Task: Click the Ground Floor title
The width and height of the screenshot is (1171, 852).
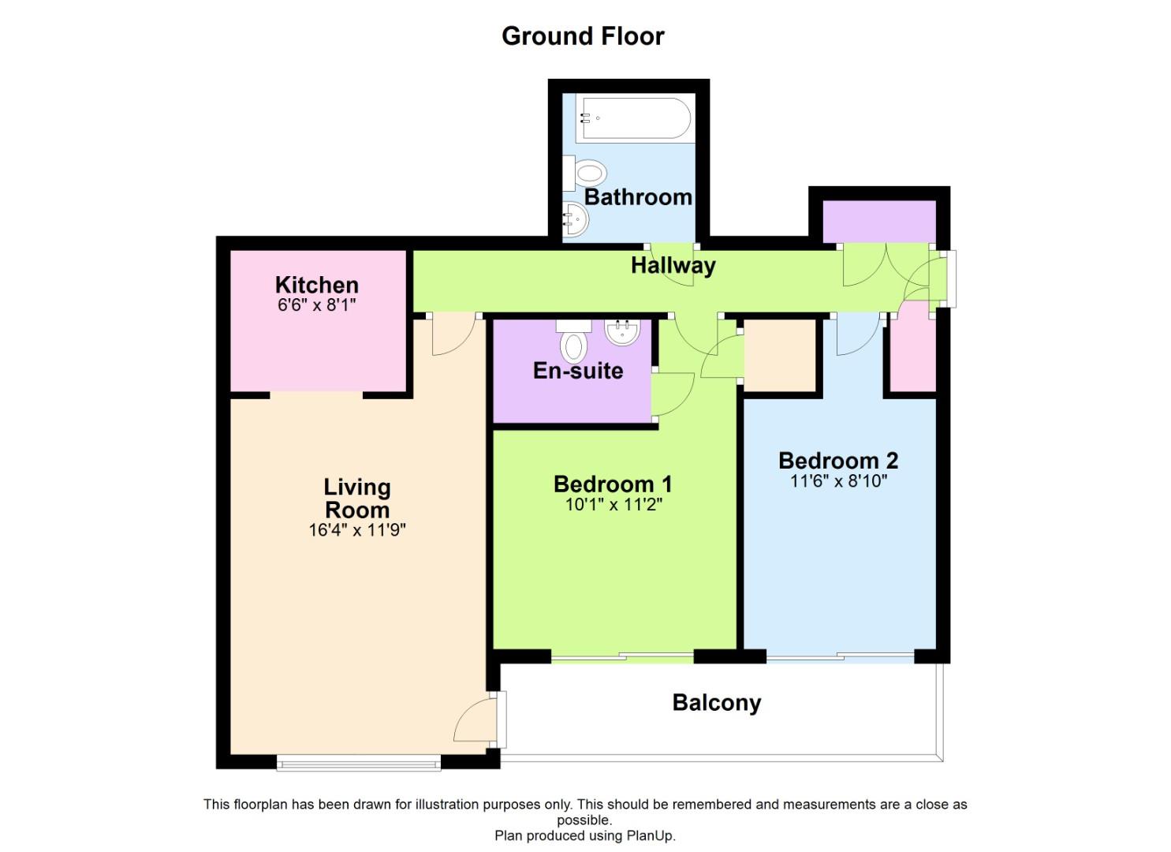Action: [x=583, y=36]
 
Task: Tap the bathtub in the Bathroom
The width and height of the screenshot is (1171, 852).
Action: [x=633, y=118]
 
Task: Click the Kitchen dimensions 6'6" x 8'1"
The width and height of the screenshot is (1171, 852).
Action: [x=317, y=305]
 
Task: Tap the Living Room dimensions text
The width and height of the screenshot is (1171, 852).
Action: [x=357, y=530]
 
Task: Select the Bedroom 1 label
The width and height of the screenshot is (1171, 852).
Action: [x=613, y=484]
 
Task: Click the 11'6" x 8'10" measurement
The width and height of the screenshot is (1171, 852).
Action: [x=838, y=480]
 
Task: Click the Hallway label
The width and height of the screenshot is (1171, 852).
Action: [x=673, y=266]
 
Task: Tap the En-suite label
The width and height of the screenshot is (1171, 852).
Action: [x=578, y=371]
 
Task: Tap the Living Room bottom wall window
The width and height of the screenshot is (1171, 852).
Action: [x=359, y=765]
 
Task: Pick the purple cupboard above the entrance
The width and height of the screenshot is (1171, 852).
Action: [x=879, y=222]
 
